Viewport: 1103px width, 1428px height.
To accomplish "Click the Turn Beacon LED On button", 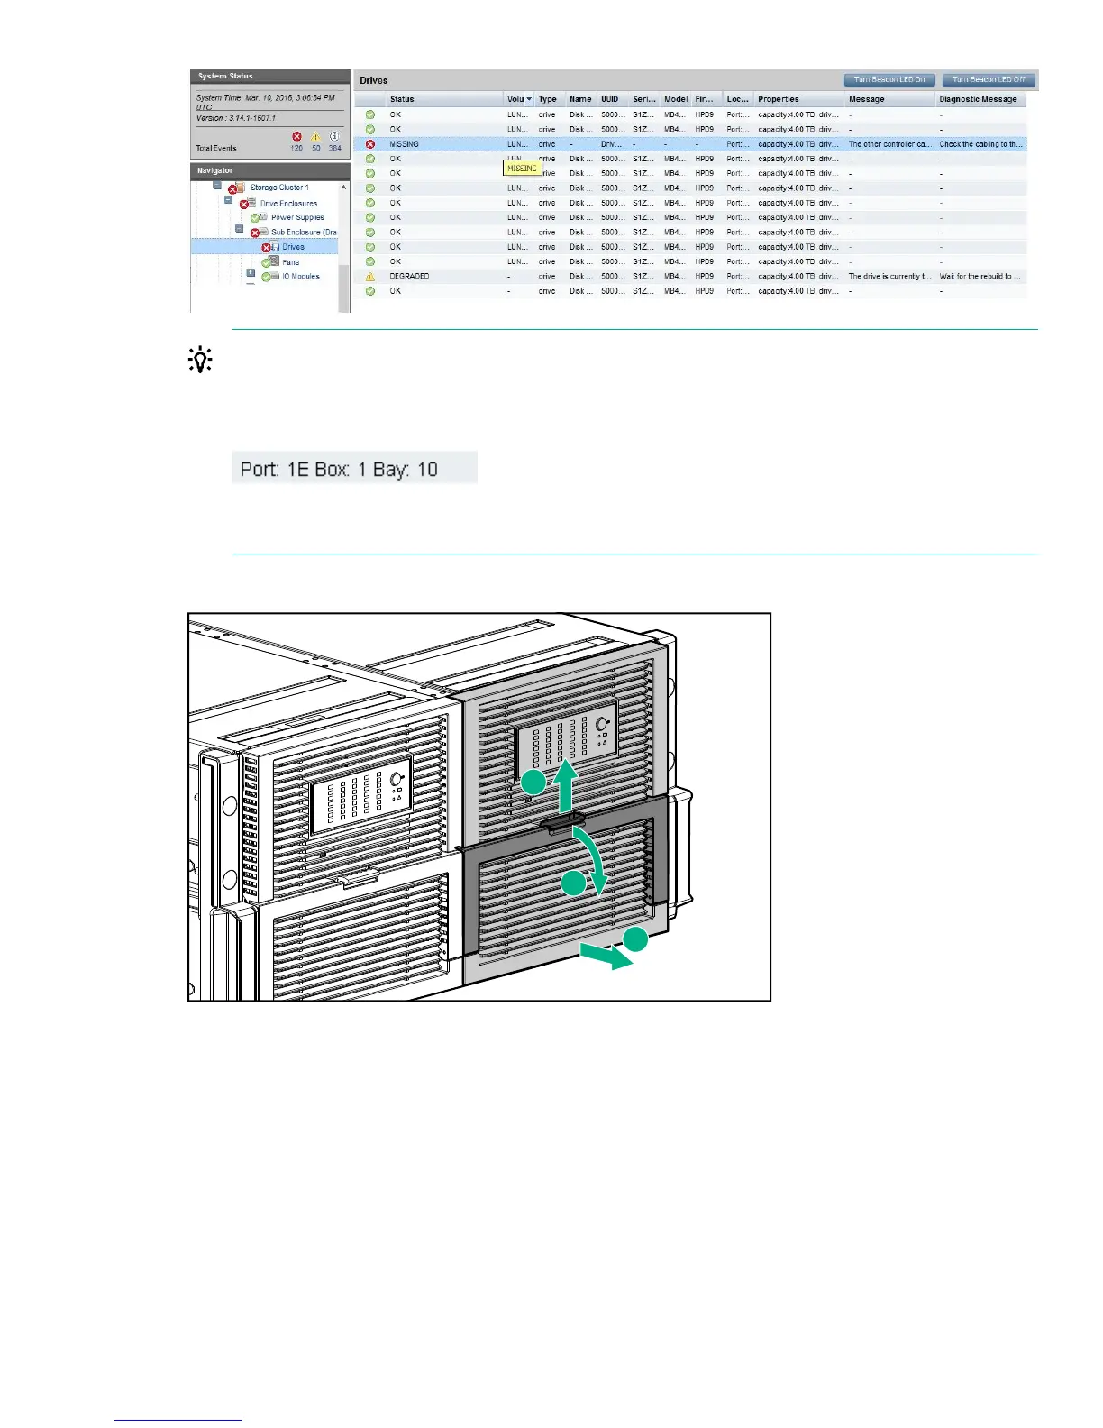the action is point(889,79).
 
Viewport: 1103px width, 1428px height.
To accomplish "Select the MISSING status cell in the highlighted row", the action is point(404,144).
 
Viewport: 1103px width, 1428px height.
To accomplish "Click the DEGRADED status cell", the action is point(409,276).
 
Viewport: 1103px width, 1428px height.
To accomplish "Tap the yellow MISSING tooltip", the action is point(522,169).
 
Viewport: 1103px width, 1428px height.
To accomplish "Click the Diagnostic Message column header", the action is point(978,99).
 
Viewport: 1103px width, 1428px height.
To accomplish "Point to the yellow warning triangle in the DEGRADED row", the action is point(369,277).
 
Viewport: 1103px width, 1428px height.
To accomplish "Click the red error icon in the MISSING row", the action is point(369,144).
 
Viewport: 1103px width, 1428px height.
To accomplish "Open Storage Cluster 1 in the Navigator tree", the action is point(279,188).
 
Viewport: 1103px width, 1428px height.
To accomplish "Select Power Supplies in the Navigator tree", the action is point(297,217).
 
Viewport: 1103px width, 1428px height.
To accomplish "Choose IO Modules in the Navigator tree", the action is point(301,276).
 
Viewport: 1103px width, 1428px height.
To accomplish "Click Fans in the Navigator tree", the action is point(290,261).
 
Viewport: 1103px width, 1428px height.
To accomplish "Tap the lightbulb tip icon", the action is point(199,361).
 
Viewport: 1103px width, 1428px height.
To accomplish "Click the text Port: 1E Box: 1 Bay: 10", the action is point(339,469).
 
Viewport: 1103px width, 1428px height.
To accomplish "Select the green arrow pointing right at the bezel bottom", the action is point(606,956).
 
